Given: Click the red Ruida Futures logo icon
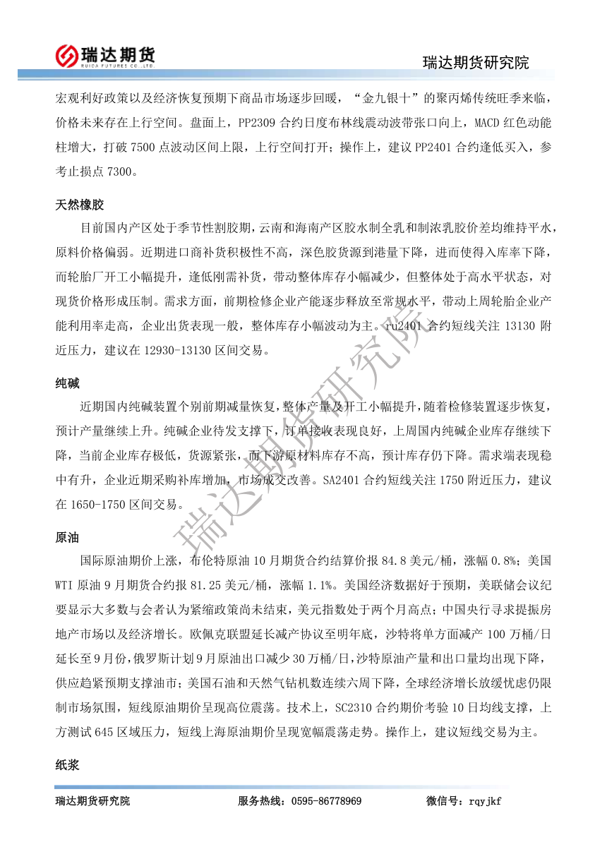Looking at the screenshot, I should tap(68, 54).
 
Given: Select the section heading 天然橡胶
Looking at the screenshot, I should tap(79, 205).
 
